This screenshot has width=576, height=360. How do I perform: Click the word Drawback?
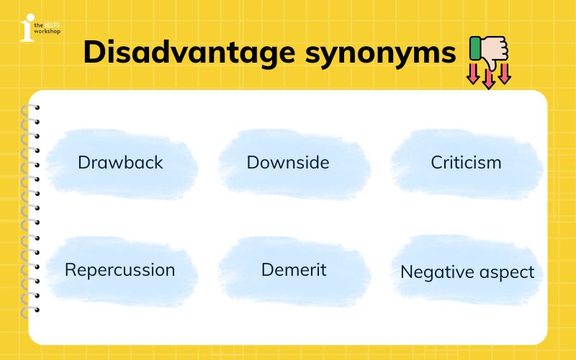[120, 162]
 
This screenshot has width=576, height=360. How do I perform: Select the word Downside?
[288, 162]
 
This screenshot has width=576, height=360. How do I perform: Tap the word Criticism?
[466, 162]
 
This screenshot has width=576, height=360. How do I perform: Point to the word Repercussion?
[120, 270]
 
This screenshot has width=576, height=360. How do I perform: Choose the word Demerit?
[294, 270]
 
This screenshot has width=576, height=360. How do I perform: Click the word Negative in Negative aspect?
[434, 272]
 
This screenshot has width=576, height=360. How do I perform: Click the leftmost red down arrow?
[473, 74]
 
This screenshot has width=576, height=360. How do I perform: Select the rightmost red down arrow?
[505, 74]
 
